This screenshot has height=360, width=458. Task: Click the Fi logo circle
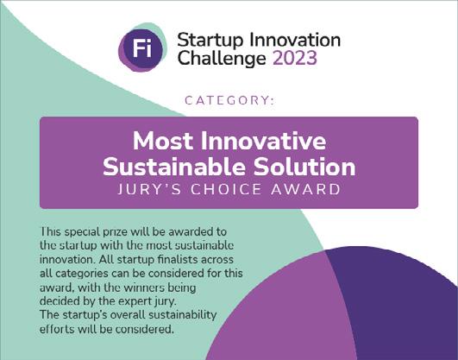click(142, 47)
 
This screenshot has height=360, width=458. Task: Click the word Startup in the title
click(210, 41)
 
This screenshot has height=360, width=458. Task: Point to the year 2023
click(295, 58)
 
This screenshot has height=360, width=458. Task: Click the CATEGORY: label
click(229, 101)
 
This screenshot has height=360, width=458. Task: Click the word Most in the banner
click(163, 142)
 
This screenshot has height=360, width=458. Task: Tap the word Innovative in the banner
click(263, 141)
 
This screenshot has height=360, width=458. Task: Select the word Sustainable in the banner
click(174, 167)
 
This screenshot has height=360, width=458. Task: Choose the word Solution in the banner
click(304, 167)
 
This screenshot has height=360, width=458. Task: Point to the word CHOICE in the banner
click(226, 189)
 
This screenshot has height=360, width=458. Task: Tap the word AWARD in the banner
click(306, 189)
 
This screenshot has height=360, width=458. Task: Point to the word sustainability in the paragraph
click(183, 315)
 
